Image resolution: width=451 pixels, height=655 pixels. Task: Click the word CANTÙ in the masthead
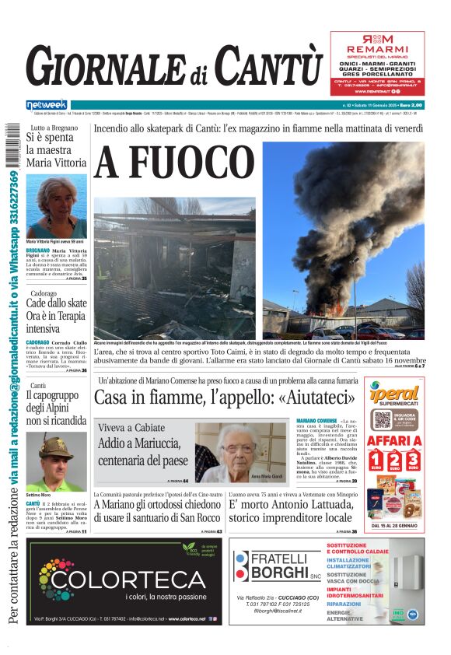click(x=267, y=65)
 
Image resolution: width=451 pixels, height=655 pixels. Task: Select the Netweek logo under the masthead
click(x=46, y=104)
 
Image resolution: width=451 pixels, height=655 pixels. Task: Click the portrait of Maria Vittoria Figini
click(x=56, y=205)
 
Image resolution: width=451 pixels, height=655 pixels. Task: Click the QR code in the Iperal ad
click(x=381, y=420)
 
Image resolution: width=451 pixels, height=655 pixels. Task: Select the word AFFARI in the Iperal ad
click(x=394, y=440)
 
